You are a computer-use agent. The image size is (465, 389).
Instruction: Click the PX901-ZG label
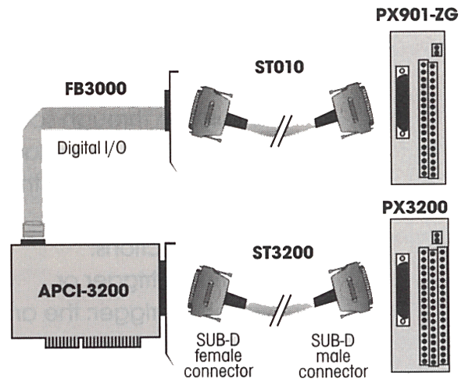click(417, 15)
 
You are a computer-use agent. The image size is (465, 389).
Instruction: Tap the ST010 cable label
click(279, 67)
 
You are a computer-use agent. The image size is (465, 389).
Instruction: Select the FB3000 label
click(96, 88)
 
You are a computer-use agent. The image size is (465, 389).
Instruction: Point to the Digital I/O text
click(92, 148)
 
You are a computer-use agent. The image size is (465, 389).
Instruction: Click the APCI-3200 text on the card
click(84, 291)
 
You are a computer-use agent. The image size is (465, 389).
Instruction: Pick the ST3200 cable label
click(283, 252)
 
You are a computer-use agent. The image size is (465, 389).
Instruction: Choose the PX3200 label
click(415, 207)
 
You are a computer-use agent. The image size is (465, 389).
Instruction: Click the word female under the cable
click(218, 355)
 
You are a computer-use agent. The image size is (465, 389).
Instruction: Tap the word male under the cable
click(333, 356)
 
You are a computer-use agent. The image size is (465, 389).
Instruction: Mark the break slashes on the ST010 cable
click(281, 131)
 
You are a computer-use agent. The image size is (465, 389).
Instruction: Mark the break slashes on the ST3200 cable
click(281, 310)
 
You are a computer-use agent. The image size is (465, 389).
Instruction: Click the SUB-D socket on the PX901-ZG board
click(402, 102)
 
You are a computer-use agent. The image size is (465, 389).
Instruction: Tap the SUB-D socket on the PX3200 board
click(402, 290)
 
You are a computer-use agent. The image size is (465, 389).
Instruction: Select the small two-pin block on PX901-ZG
click(436, 50)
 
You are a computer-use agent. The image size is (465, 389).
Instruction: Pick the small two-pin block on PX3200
click(436, 237)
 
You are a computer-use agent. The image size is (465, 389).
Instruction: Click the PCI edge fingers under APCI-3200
click(92, 342)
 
